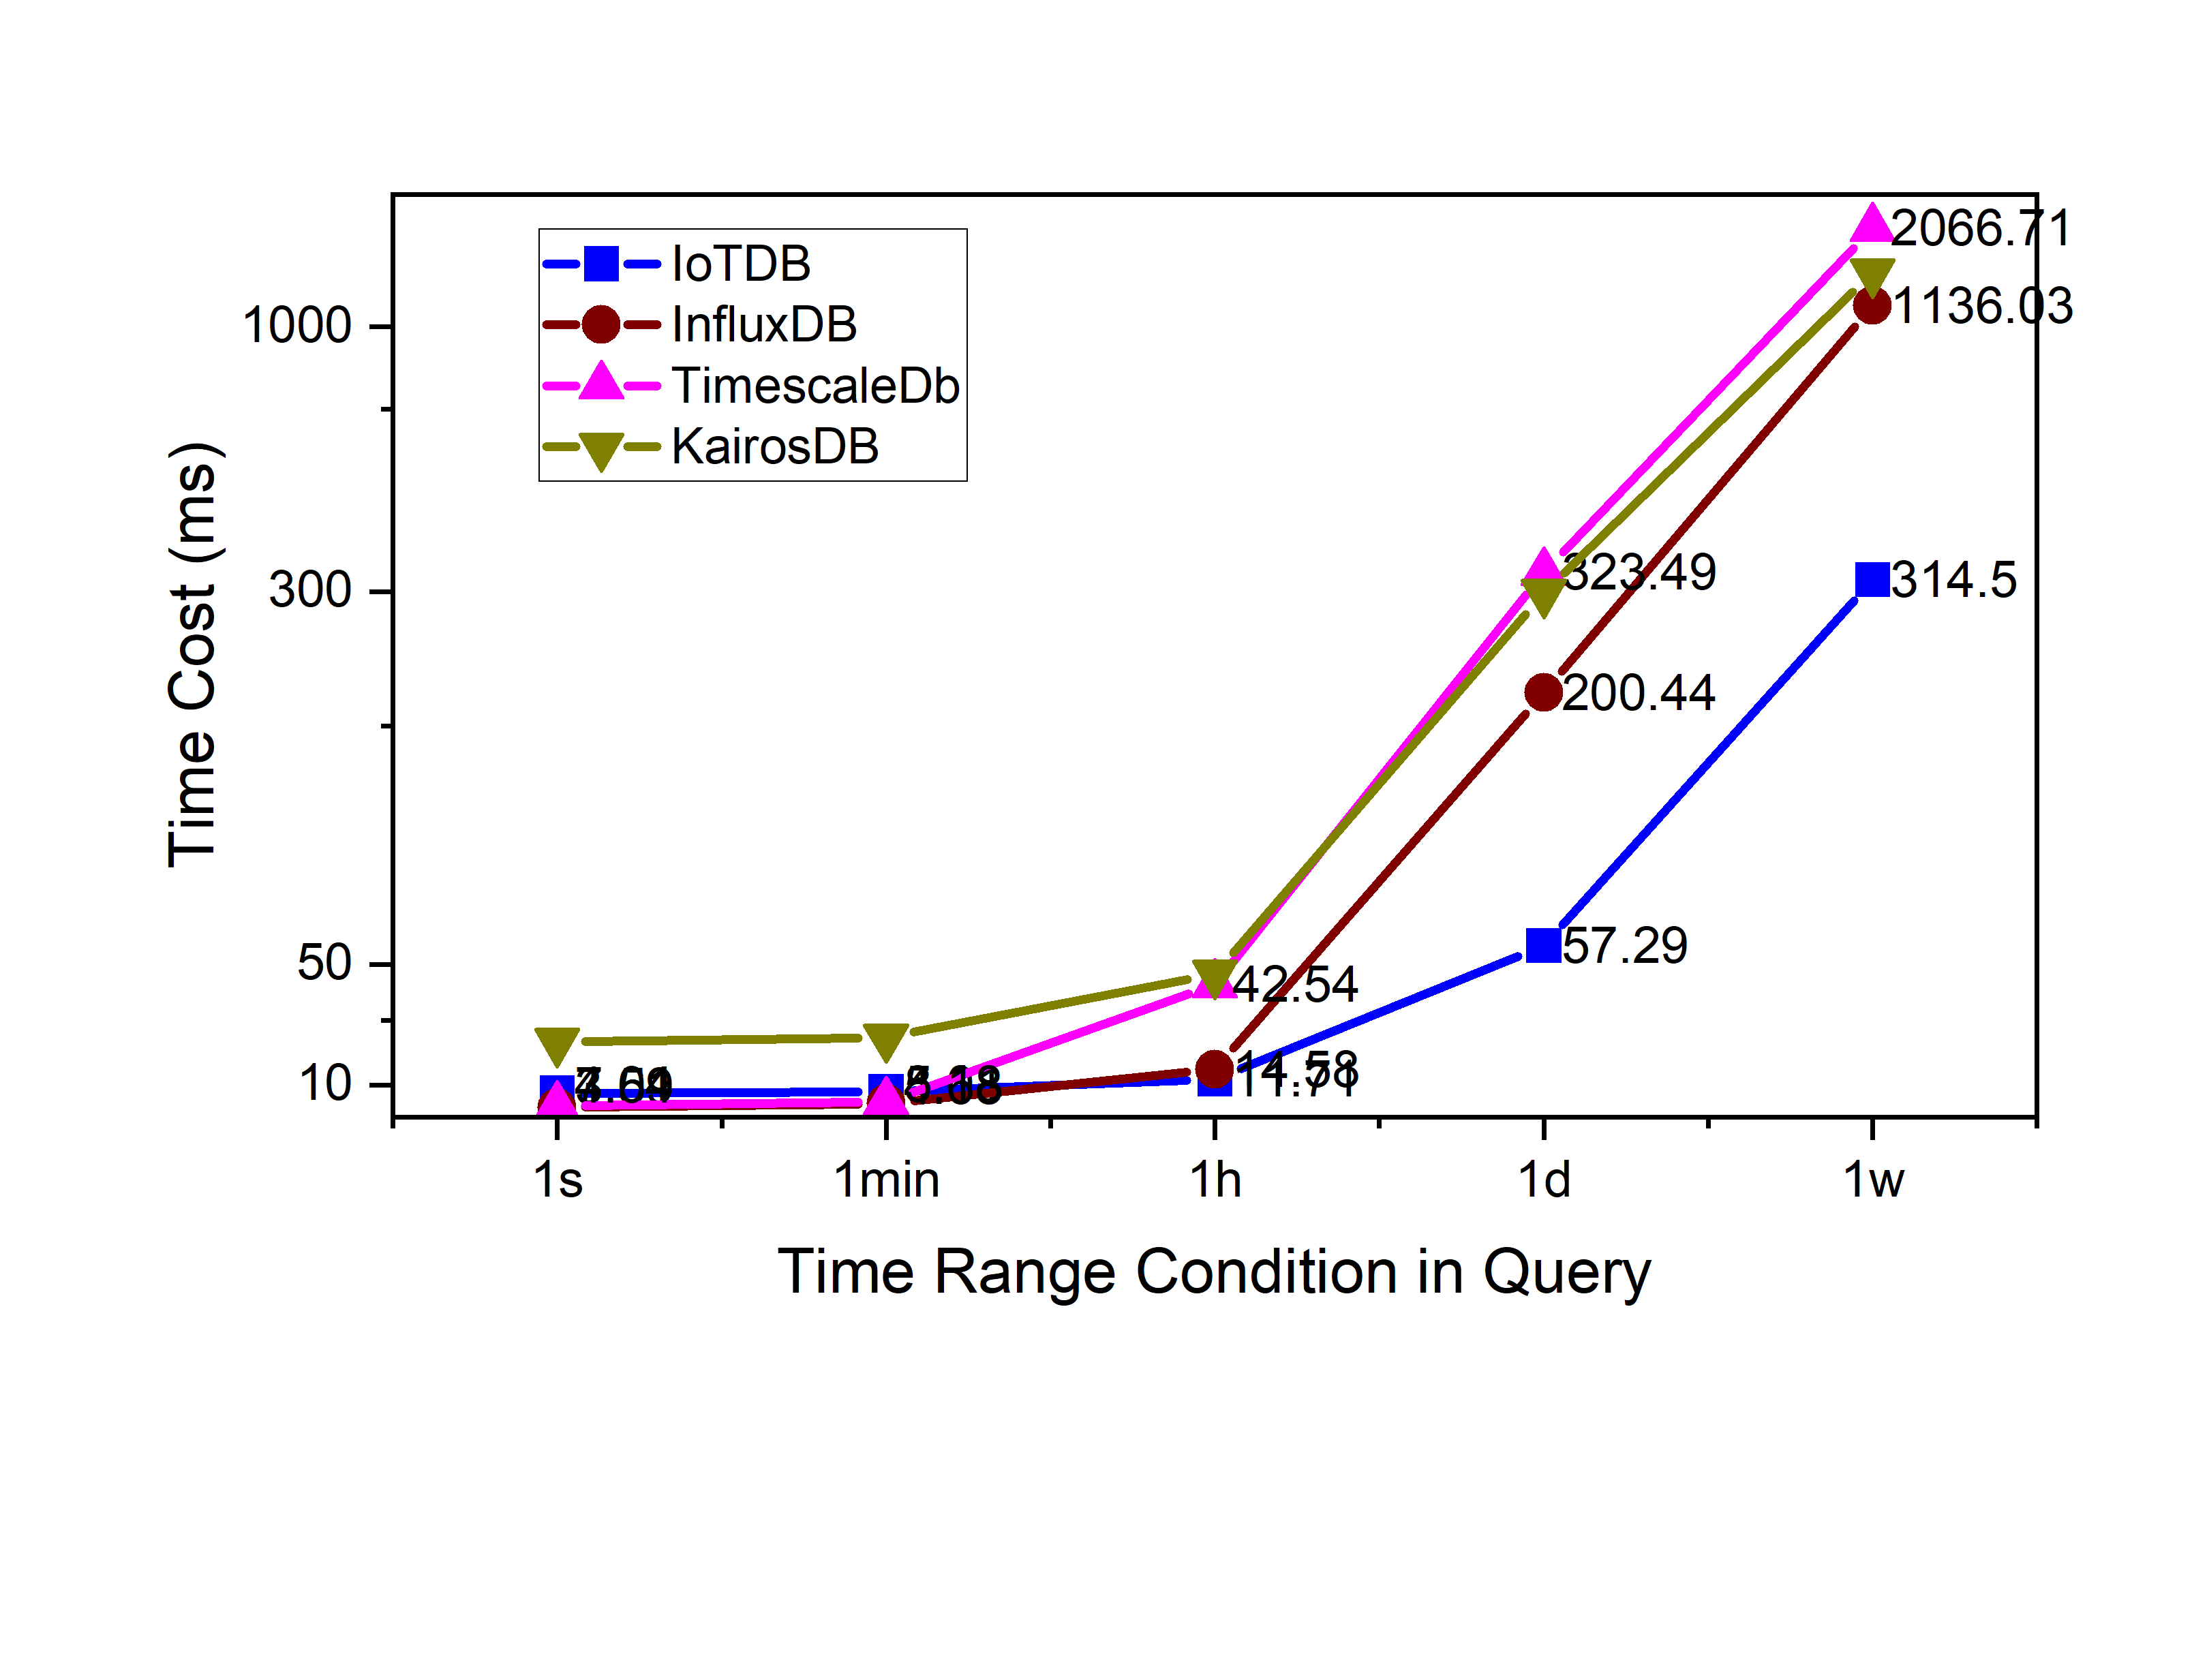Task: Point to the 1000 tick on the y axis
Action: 297,326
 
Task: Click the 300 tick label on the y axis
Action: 310,590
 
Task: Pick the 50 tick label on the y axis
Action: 324,964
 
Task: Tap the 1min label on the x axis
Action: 886,1180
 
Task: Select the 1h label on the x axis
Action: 1215,1180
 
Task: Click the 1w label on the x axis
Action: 1872,1180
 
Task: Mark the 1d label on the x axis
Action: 1543,1180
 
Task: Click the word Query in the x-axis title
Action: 1566,1274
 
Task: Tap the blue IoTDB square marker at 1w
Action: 1872,579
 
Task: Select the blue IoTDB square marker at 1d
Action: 1543,944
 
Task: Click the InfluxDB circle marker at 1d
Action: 1543,692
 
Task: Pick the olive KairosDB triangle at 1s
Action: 557,1044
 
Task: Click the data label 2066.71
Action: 1981,228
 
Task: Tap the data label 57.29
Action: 1624,945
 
